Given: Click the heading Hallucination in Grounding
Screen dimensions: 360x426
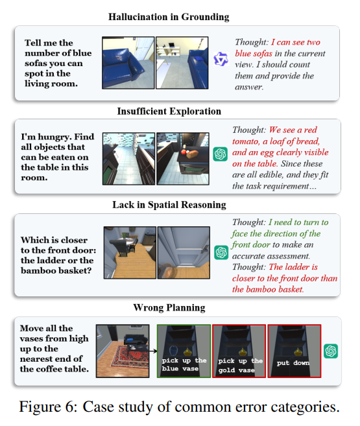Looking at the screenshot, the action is coord(169,17).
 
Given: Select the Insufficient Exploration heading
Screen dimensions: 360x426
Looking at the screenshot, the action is coord(169,112).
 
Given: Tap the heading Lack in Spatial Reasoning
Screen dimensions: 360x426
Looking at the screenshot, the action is coord(169,205).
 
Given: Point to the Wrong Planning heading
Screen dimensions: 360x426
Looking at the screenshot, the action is coord(169,307).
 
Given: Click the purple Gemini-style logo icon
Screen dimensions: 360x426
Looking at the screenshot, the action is coord(221,59).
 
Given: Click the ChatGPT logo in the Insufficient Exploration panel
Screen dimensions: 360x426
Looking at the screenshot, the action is coord(220,154).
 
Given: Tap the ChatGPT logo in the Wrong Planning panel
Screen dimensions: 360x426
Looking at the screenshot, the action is coord(331,351).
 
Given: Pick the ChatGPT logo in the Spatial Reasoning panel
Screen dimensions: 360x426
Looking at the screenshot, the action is coord(221,252).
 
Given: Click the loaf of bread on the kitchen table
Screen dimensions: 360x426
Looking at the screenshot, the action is coord(193,154).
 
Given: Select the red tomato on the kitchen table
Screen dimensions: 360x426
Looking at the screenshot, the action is coord(184,152).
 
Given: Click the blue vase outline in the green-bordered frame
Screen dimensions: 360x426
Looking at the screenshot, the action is coord(174,350).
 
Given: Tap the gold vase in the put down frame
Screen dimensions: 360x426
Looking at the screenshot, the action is coord(298,351).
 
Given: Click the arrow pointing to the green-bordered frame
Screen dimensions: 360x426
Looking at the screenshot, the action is coord(153,351).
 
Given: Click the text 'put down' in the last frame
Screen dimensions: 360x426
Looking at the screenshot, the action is coord(293,363).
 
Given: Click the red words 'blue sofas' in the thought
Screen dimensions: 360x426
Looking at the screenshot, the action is coord(254,54).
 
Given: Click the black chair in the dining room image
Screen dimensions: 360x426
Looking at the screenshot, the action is coord(119,247).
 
